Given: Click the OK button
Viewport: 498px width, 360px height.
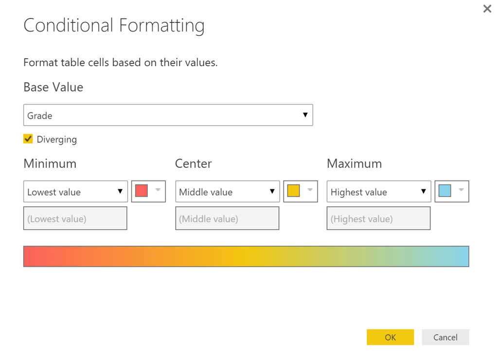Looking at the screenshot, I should [x=390, y=337].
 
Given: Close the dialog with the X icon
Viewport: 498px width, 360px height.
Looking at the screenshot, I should [x=487, y=9].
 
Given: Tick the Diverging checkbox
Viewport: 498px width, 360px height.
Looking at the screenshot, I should [x=28, y=139].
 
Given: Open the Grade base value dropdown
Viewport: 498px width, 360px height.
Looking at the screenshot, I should [x=168, y=115].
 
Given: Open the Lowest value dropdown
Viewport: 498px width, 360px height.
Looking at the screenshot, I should [x=75, y=192].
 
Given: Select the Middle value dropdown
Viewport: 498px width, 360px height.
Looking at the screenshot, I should [x=227, y=192].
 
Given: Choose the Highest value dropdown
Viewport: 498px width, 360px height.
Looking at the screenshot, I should [x=378, y=192].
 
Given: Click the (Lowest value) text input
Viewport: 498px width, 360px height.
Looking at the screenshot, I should [x=75, y=218].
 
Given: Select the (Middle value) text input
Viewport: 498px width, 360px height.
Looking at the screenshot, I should [x=227, y=218].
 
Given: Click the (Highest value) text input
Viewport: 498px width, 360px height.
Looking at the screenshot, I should [x=378, y=218].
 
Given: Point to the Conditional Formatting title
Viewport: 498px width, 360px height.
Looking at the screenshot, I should [x=114, y=25].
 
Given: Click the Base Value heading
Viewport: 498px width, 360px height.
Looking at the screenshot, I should [x=53, y=88].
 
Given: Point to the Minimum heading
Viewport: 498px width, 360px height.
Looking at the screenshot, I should [x=50, y=163].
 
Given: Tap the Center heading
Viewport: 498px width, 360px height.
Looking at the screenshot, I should [x=193, y=163].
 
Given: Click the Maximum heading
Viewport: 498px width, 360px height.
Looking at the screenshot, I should [x=354, y=163].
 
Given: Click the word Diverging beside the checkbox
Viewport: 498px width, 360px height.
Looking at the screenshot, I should [x=57, y=140].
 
